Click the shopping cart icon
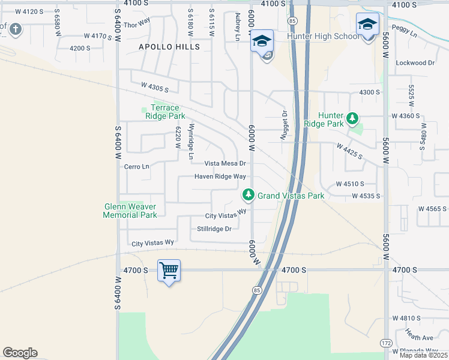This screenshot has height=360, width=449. coord(169,271)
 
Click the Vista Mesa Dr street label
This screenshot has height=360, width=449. coord(225,163)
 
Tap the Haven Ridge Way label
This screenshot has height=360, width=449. coord(220,176)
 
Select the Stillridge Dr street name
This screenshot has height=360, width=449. coord(214,229)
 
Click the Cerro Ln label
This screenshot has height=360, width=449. coord(136,166)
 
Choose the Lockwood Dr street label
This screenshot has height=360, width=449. coord(415,62)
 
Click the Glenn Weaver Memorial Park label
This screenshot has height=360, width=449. coord(130,211)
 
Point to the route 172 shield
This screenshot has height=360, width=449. coord(386,343)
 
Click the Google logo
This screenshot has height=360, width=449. coord(20,353)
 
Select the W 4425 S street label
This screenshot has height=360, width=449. coord(349,151)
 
